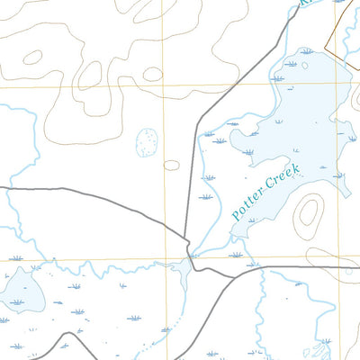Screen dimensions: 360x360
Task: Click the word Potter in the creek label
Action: pos(247,203)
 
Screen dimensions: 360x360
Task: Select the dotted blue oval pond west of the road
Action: pos(146,142)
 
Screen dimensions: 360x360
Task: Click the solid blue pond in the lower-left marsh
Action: pos(22,290)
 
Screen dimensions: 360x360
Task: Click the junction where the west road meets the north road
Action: pos(187,241)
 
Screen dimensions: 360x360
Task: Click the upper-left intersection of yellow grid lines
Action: pos(163,86)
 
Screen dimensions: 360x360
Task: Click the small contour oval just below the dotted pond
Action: pos(172,165)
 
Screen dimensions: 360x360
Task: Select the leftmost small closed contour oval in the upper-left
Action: pos(32,58)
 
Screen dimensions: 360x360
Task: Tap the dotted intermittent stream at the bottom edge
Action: pos(166,337)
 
